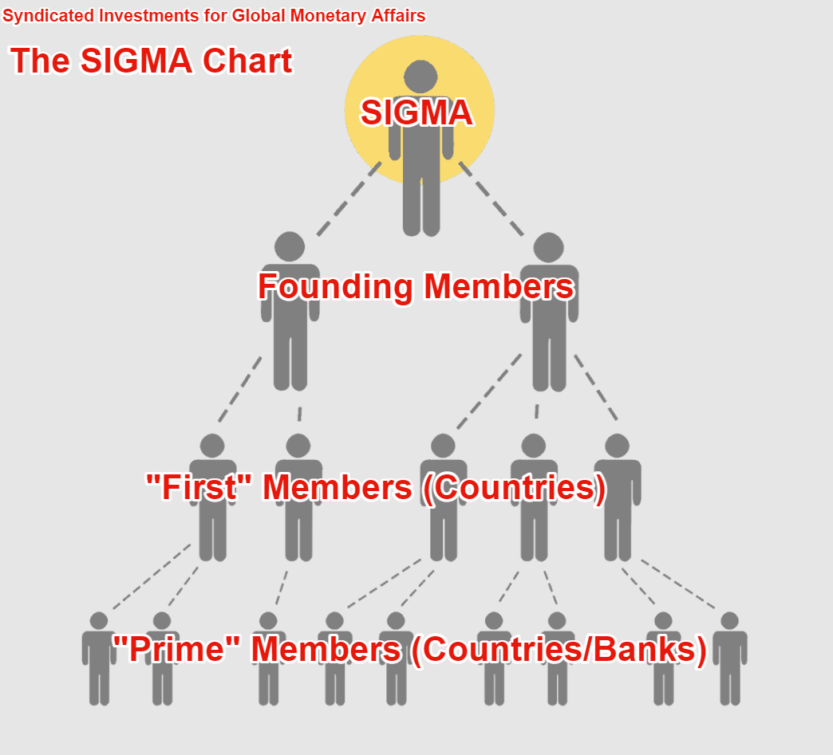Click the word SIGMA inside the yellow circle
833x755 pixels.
pos(416,112)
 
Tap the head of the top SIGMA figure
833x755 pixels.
pos(420,77)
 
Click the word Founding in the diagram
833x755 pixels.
pos(334,286)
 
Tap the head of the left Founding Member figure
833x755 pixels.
pos(290,247)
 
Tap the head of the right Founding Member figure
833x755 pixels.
pos(549,247)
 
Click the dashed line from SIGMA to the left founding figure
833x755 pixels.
pos(348,199)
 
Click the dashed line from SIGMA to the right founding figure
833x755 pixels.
pos(491,199)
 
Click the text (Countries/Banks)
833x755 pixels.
pos(558,649)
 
